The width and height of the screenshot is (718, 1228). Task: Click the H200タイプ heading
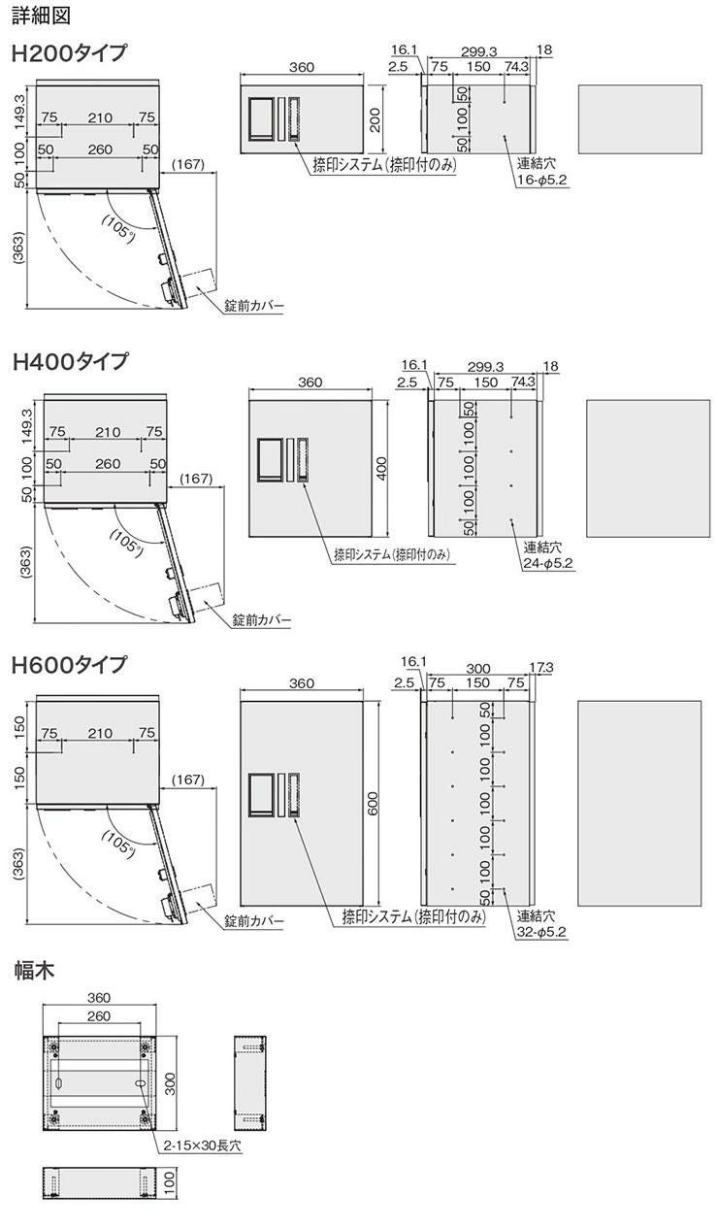click(69, 53)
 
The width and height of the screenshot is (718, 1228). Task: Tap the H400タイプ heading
click(70, 361)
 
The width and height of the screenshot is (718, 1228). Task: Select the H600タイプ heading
click(69, 665)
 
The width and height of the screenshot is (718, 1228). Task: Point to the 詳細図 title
click(41, 16)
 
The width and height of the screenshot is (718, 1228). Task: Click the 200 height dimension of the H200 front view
click(375, 119)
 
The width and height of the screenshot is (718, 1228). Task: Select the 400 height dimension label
click(382, 469)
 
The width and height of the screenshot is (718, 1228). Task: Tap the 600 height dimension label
click(373, 804)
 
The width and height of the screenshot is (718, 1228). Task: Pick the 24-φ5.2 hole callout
click(548, 563)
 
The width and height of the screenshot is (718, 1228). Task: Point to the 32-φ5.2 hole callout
click(541, 932)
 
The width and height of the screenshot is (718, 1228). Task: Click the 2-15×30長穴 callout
click(202, 1145)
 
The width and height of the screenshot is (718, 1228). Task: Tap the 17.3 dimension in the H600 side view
click(541, 668)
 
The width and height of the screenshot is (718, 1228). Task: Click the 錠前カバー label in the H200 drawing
click(254, 306)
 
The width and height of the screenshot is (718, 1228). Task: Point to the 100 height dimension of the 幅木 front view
click(170, 1183)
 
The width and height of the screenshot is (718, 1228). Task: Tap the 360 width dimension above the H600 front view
click(302, 683)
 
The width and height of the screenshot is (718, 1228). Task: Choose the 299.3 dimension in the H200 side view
click(478, 51)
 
